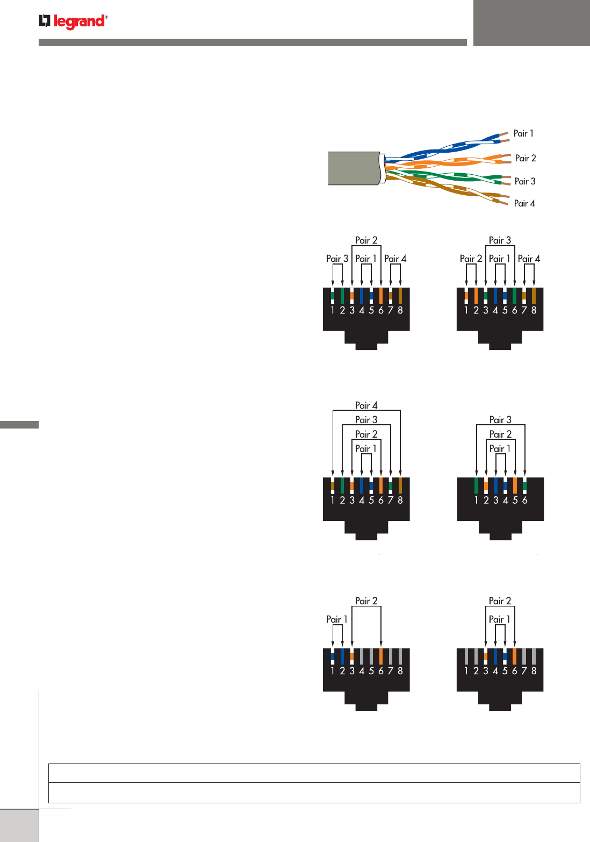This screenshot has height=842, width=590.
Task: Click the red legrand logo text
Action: tap(79, 22)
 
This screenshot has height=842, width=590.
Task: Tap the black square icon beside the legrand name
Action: tap(45, 21)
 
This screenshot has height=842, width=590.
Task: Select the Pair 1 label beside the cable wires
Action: tap(523, 133)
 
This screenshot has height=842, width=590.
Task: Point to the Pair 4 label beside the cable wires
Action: tap(524, 203)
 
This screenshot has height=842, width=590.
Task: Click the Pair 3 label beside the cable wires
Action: tap(524, 181)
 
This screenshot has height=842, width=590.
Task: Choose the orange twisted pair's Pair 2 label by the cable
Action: tap(526, 158)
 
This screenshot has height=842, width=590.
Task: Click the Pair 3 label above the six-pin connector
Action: tap(500, 420)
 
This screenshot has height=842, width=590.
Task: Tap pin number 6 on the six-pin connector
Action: tap(524, 500)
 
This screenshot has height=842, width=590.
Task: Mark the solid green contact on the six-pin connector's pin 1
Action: tap(476, 486)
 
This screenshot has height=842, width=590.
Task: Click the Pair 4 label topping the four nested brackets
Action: tap(366, 405)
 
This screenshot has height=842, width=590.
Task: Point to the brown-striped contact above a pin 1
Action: tap(333, 486)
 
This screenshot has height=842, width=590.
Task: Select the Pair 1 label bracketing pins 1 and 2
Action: tap(336, 619)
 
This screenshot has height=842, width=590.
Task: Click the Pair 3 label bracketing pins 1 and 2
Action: tap(337, 259)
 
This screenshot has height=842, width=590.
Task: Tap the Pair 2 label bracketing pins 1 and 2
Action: tap(471, 259)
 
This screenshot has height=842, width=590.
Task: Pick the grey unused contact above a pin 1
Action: tap(466, 656)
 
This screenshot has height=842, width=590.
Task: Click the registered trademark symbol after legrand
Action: tap(106, 17)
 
